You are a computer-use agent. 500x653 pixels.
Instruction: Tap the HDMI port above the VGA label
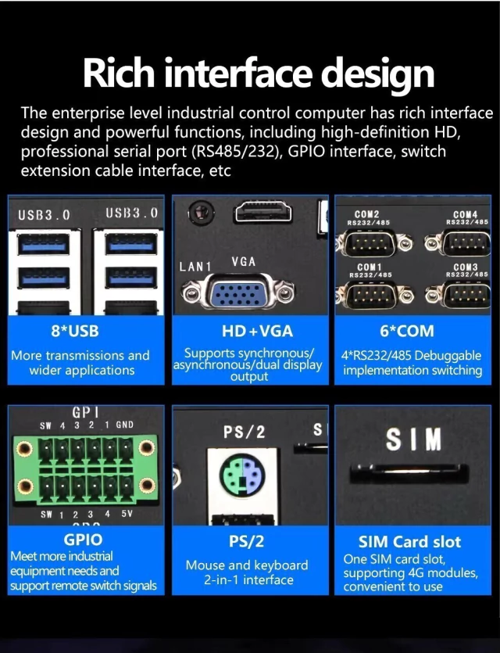(263, 213)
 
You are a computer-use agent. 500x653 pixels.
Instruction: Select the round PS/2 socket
(242, 475)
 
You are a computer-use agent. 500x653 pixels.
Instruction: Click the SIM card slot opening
(409, 474)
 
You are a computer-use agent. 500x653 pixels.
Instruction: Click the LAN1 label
(195, 266)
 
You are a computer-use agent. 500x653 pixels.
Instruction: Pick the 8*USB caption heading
(75, 331)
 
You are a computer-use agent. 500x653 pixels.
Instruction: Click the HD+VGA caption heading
(258, 331)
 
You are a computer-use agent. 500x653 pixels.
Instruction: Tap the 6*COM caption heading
(406, 331)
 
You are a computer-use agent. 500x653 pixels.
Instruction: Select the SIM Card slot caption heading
(409, 541)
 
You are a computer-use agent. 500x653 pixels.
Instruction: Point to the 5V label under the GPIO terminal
(127, 514)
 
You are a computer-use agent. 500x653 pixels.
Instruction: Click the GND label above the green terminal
(125, 425)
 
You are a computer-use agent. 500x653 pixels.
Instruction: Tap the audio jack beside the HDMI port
(202, 213)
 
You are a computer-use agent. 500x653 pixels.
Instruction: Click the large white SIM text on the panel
(413, 440)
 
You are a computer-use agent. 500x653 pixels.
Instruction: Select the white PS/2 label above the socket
(245, 432)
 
